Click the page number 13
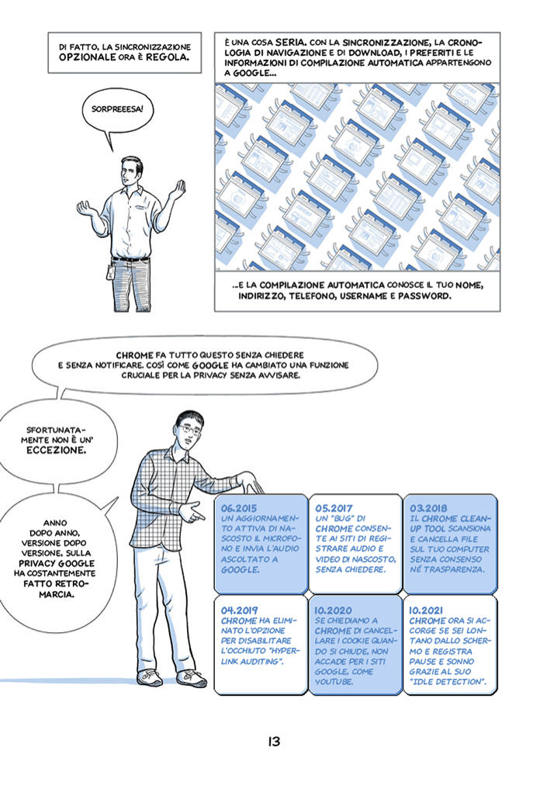click(x=273, y=742)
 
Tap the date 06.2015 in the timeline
click(x=238, y=508)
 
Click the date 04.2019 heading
click(x=238, y=610)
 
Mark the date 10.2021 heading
click(x=427, y=610)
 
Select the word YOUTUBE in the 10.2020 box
click(x=334, y=683)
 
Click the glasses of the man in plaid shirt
click(x=190, y=427)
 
